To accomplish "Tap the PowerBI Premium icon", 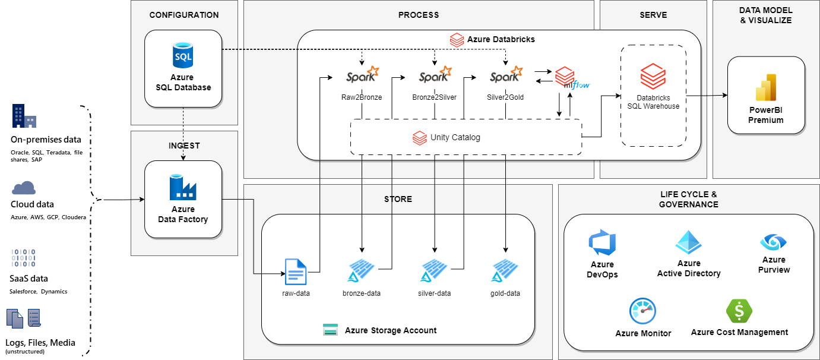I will coord(766,88).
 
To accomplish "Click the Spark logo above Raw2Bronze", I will coord(362,75).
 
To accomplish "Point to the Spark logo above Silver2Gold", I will coord(506,75).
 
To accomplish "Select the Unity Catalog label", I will coord(455,138).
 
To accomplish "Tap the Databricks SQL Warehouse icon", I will coord(653,77).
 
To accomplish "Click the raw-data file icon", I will coord(296,272).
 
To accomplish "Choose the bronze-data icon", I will coord(362,271).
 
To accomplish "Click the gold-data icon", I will coord(505,271).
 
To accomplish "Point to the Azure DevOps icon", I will coord(602,244).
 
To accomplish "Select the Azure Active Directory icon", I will coord(689,242).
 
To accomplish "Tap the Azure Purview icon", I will coord(773,242).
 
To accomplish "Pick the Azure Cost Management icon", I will coord(739,311).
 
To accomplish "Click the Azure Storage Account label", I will coord(390,330).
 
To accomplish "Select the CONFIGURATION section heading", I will coord(184,15).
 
